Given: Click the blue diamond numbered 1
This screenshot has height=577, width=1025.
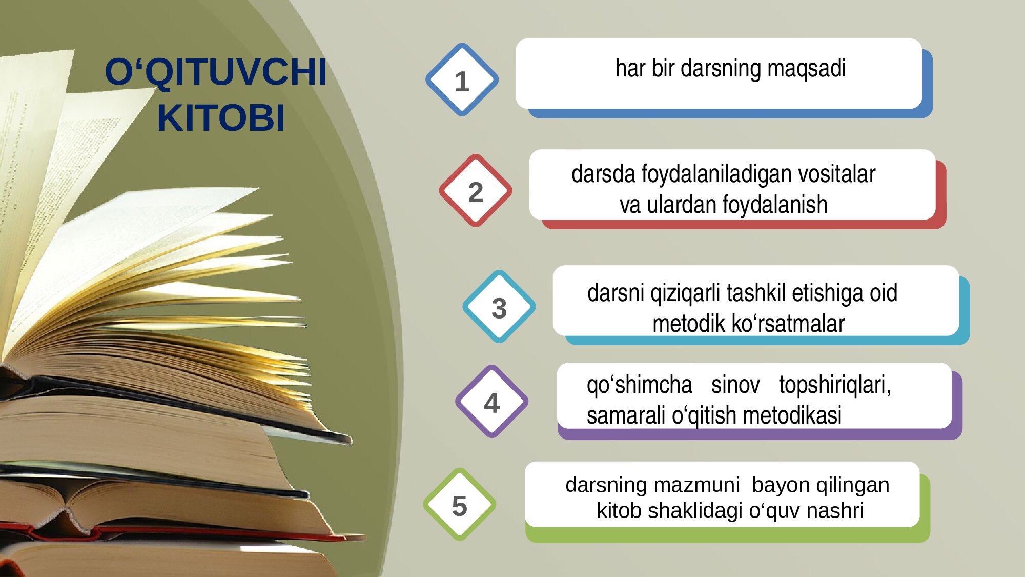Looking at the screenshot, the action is pyautogui.click(x=462, y=79).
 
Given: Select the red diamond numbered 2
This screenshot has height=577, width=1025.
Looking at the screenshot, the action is pyautogui.click(x=476, y=190).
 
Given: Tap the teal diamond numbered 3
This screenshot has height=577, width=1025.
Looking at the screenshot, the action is pyautogui.click(x=499, y=306).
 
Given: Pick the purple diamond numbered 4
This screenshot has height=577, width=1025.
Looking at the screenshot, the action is pyautogui.click(x=492, y=401).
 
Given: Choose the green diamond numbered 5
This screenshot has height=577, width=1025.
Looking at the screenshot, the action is pyautogui.click(x=460, y=504).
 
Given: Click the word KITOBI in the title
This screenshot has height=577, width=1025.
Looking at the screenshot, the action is pyautogui.click(x=221, y=118).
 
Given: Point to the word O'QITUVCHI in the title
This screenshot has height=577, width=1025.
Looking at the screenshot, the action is pyautogui.click(x=216, y=72).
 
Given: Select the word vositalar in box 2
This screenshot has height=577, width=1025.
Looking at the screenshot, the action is pyautogui.click(x=836, y=174).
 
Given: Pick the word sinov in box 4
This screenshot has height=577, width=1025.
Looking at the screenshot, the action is pyautogui.click(x=735, y=385).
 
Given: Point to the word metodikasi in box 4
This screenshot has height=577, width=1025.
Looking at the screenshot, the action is pyautogui.click(x=792, y=415).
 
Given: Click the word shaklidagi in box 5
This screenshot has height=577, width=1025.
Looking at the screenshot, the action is pyautogui.click(x=695, y=511).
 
